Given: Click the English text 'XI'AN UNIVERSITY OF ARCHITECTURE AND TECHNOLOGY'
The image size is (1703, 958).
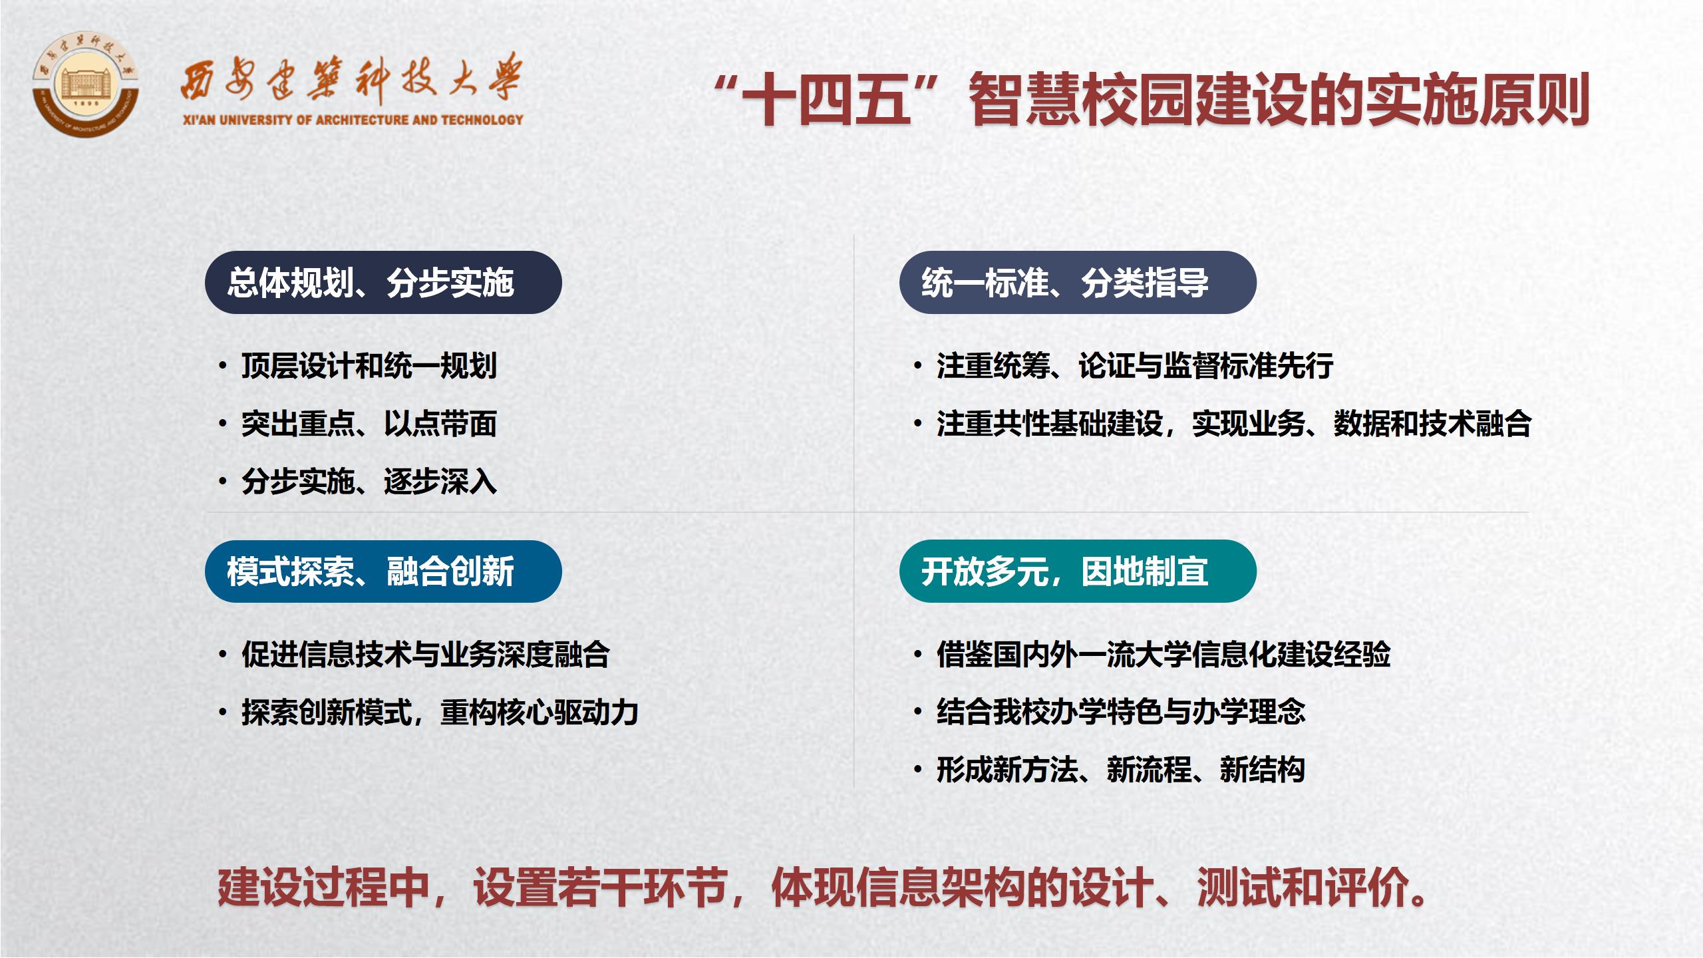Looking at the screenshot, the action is (353, 120).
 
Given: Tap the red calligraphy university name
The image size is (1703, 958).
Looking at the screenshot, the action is (352, 80).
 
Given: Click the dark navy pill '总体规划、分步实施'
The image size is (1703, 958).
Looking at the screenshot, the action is (383, 282).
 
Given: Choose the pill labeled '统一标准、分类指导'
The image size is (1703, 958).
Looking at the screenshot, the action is (1078, 282).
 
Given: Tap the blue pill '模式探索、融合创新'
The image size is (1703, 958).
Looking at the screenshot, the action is (383, 571).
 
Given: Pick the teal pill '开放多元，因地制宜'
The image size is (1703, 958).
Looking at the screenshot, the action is (1078, 571).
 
